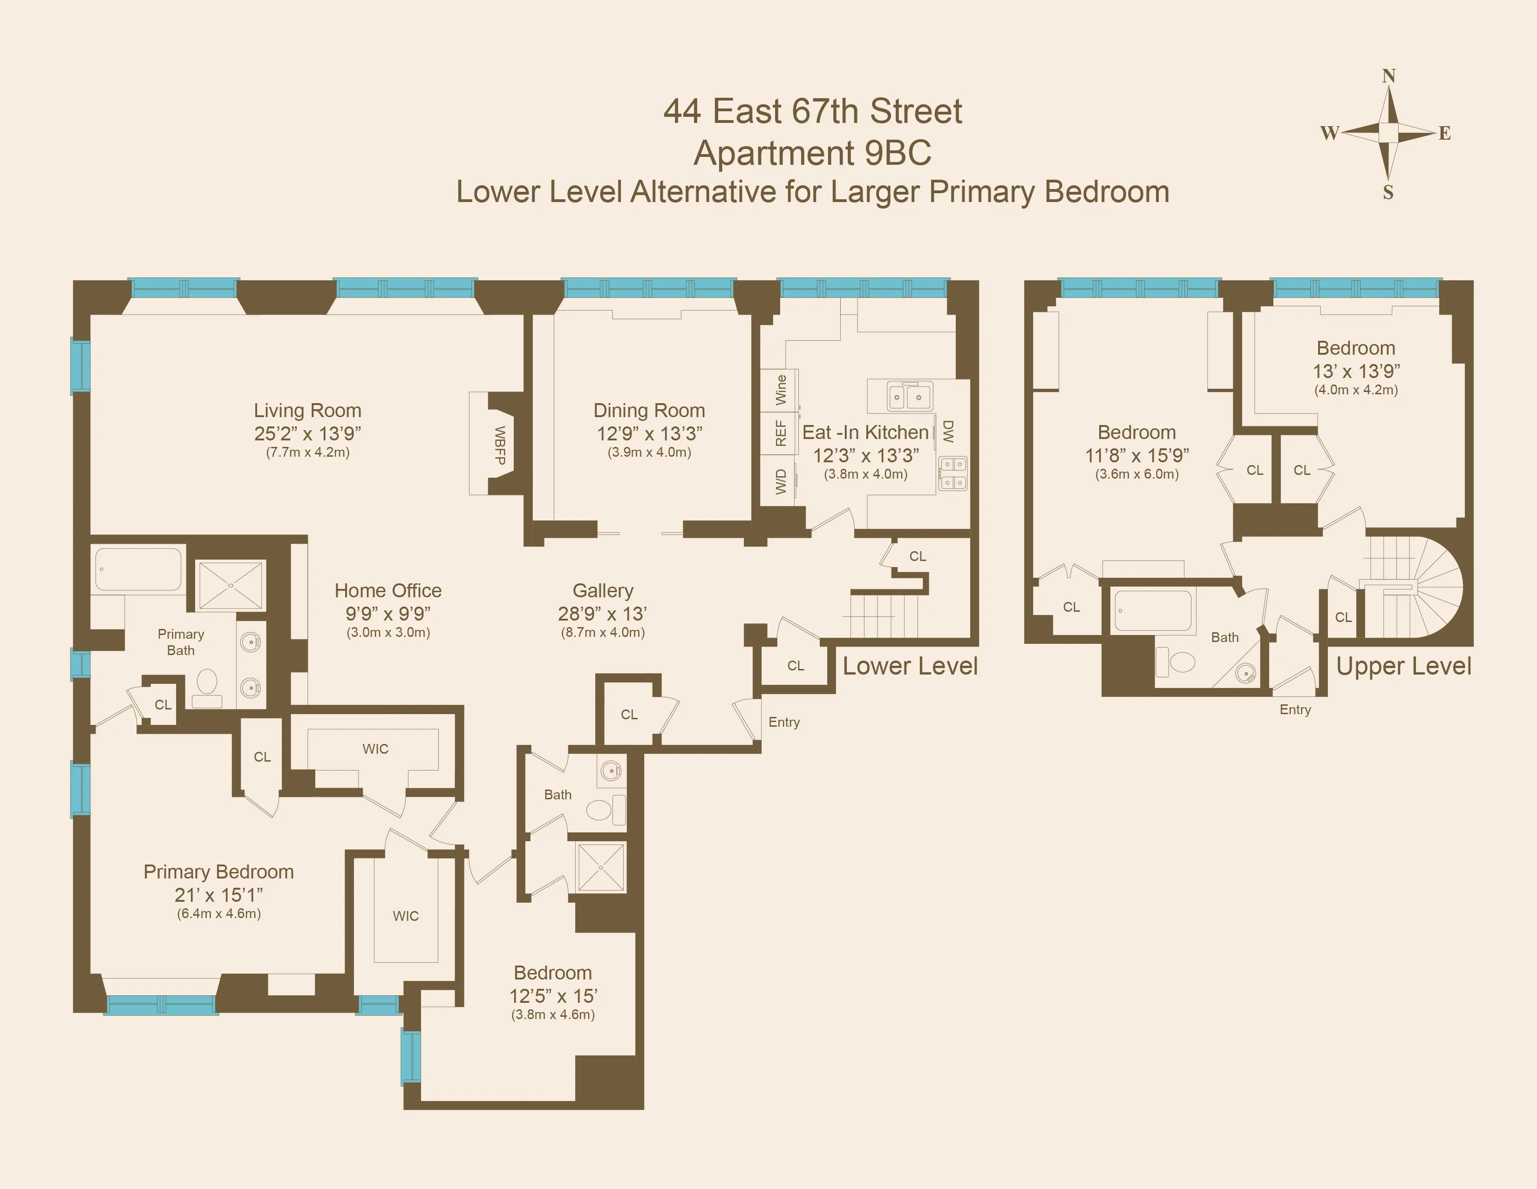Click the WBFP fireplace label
click(500, 446)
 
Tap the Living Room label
click(307, 410)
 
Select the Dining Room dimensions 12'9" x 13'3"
click(649, 433)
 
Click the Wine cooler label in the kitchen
click(781, 389)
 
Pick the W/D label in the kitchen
click(781, 482)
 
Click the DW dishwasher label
click(948, 431)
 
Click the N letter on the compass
click(1388, 76)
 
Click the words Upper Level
click(1403, 666)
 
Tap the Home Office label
click(388, 590)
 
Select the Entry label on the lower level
click(783, 722)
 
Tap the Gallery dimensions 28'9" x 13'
click(602, 614)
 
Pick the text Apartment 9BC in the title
click(812, 153)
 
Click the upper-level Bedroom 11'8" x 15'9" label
click(1136, 432)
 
